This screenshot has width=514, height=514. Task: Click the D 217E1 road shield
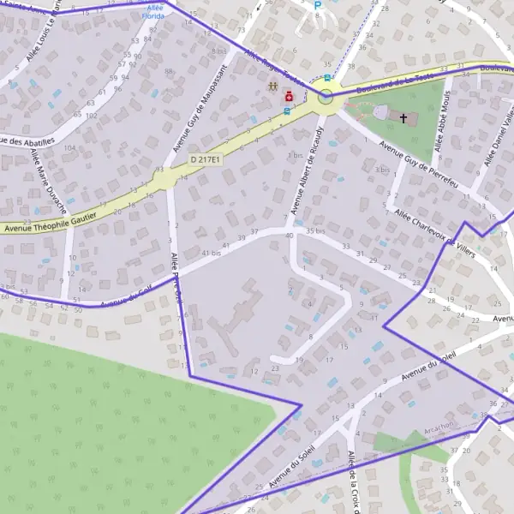tap(206, 159)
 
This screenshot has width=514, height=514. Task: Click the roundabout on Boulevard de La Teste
tap(326, 98)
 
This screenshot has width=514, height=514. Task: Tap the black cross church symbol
tap(403, 117)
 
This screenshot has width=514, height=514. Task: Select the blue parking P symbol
tap(317, 5)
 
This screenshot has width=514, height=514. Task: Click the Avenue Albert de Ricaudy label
tap(308, 169)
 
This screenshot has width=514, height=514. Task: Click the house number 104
tap(69, 147)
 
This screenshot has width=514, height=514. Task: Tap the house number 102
tap(91, 115)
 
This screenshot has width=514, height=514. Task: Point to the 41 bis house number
tap(211, 254)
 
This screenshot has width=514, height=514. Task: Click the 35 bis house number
tap(314, 231)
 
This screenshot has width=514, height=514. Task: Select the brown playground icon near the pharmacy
tap(272, 87)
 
